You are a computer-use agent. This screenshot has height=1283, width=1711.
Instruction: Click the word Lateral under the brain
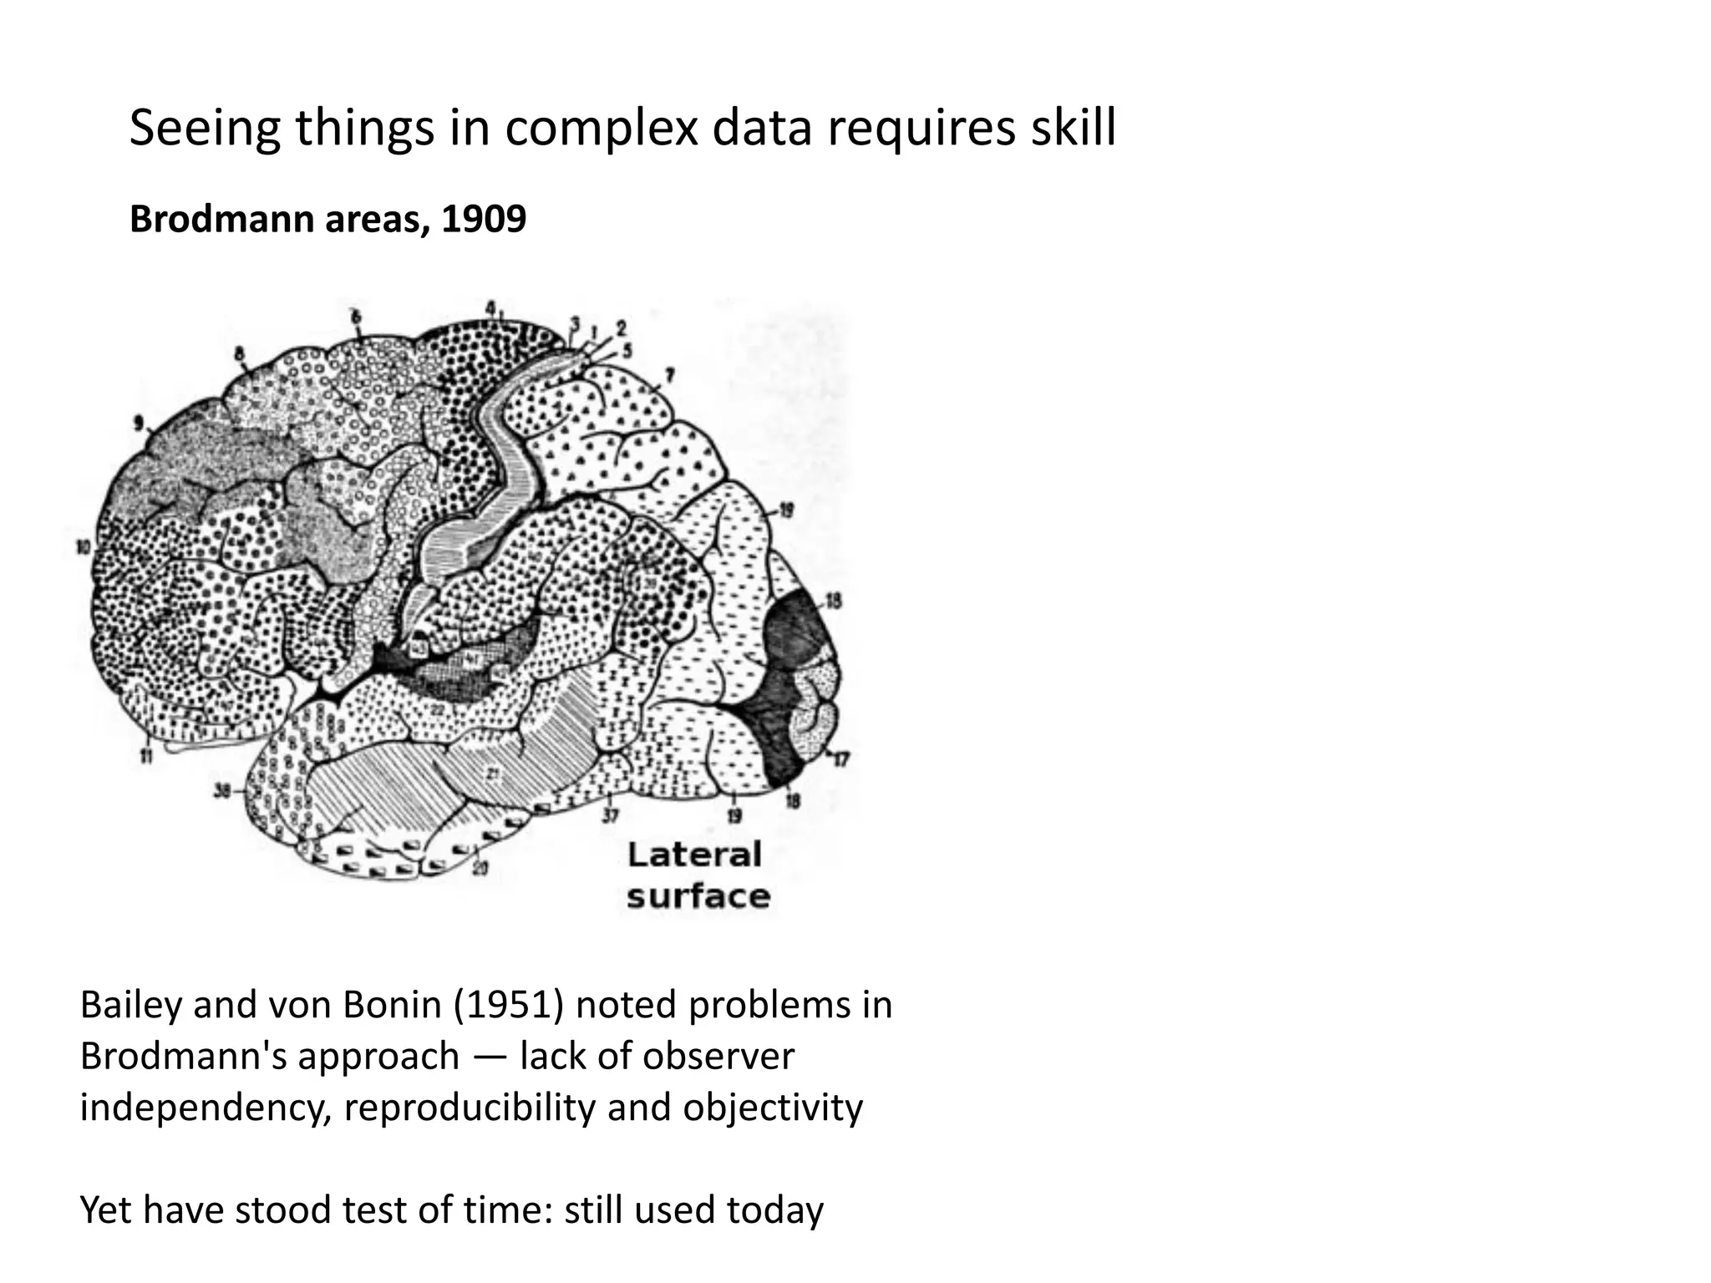[x=694, y=854]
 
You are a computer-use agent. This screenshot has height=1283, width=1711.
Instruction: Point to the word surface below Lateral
[x=698, y=896]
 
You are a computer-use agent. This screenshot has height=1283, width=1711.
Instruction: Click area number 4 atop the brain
[x=491, y=307]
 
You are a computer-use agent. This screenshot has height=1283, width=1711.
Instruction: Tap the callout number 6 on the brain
[x=356, y=317]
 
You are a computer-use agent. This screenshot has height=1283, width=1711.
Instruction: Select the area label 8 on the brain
[x=240, y=354]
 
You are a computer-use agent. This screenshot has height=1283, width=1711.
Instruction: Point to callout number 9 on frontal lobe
[x=139, y=423]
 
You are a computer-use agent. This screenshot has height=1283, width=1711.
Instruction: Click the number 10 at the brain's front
[x=82, y=548]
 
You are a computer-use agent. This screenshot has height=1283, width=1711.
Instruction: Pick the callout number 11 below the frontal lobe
[x=146, y=758]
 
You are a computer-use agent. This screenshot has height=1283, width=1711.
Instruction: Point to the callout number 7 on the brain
[x=669, y=375]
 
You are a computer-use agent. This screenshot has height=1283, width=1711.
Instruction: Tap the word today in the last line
[x=774, y=1209]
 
